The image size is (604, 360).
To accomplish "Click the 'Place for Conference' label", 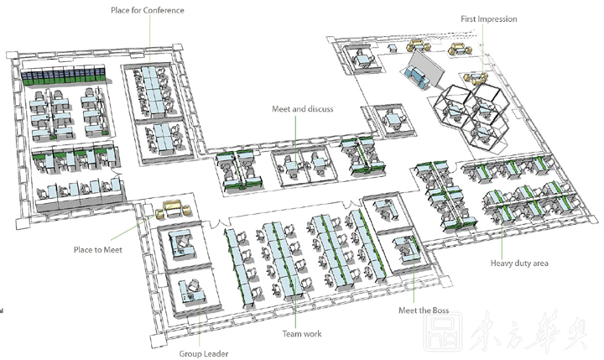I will pos(147,10).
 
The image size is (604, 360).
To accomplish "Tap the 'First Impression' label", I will pos(489,18).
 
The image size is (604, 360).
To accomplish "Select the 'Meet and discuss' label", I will pos(303,109).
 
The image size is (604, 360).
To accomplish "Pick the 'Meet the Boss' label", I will pos(424,310).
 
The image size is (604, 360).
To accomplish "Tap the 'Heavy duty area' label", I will pos(519,263).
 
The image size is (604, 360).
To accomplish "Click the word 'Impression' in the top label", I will pos(498,18).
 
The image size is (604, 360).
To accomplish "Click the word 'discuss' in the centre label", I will pos(320,109).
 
